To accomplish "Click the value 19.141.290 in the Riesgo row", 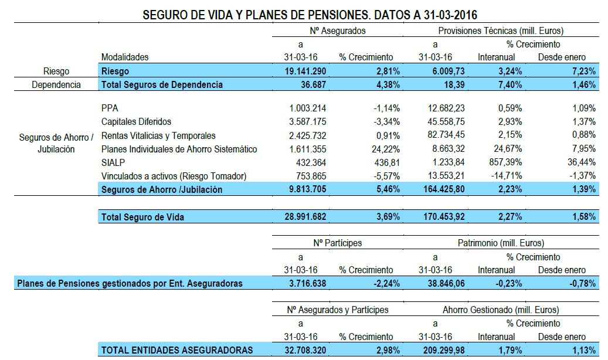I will pos(300,71).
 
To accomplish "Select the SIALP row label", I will pos(113,162).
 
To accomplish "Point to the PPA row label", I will pos(110,108).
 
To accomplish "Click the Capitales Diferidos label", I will pos(136,121).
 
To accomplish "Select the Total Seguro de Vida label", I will pos(142,217).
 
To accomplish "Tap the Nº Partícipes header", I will pos(337,243).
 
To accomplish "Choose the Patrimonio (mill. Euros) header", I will pos(501,243).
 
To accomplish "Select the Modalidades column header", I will pos(125,57).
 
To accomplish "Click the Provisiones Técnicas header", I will pos(501,30).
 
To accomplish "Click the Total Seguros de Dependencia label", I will pos(162,84).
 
